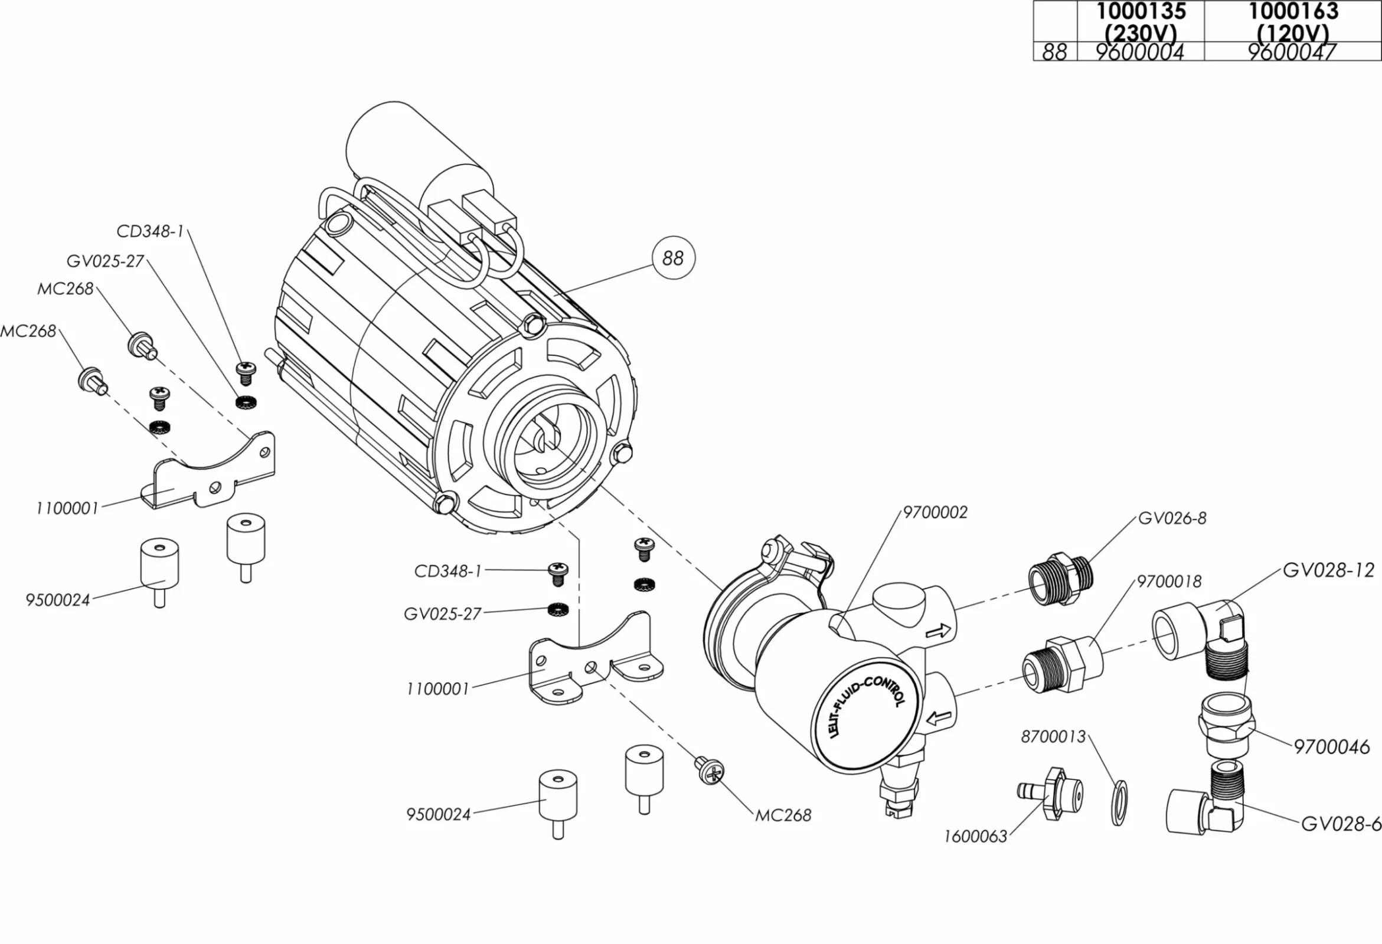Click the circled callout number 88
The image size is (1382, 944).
672,258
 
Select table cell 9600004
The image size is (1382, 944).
1140,53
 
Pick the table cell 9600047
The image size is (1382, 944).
1292,53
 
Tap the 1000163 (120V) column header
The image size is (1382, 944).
1293,21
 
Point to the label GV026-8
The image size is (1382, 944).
1172,519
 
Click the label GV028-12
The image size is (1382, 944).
1328,571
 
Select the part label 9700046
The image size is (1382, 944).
1331,746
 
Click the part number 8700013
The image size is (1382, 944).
1053,737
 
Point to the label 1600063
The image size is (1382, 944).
975,837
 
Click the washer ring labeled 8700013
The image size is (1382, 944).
1118,803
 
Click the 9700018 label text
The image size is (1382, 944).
1169,581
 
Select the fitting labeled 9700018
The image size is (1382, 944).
1061,663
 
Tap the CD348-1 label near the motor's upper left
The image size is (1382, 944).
150,232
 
